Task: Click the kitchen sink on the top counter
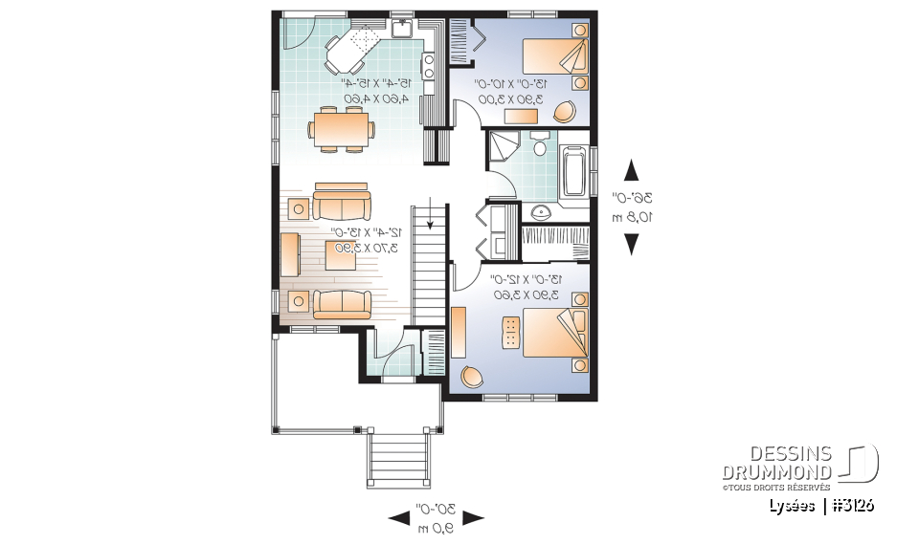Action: [x=403, y=27]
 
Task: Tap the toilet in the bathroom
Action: [x=539, y=146]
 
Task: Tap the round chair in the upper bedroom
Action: [x=566, y=112]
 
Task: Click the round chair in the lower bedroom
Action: [x=473, y=376]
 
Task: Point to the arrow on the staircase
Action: [x=430, y=218]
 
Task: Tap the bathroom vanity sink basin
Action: [x=540, y=212]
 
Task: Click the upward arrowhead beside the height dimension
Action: [x=631, y=171]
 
